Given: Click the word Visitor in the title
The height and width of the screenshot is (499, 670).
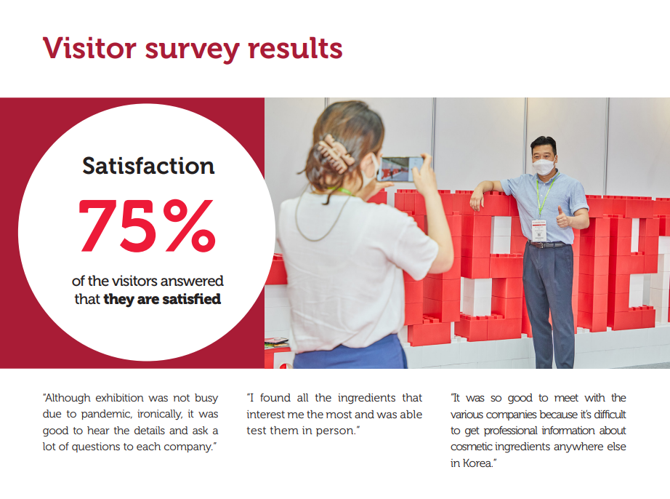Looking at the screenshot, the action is [89, 48].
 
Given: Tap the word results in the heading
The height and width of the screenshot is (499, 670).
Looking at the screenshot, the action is [295, 48].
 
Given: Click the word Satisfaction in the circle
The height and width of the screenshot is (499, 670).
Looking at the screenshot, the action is [148, 166].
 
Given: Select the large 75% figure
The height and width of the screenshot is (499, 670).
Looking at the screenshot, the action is [147, 225].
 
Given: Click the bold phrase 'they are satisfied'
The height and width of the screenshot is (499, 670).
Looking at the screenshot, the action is [162, 299].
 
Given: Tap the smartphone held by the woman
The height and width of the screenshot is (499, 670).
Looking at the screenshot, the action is [400, 169].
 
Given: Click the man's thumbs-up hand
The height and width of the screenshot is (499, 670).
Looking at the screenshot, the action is [562, 218].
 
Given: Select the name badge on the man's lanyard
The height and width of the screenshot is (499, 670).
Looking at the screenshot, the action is [538, 231].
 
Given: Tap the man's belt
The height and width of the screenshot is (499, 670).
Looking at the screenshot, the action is [548, 244].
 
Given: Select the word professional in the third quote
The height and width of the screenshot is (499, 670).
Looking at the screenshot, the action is [511, 431].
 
